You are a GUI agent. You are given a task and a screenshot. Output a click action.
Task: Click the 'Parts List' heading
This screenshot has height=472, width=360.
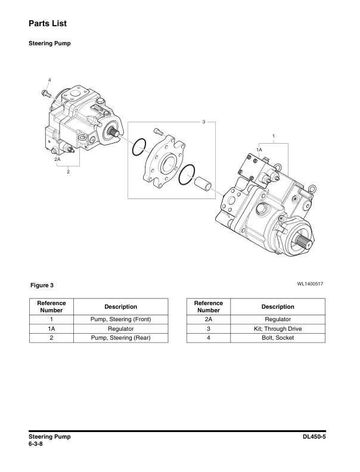(x=47, y=23)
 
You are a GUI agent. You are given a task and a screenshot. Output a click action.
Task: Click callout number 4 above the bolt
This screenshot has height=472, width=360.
(x=49, y=80)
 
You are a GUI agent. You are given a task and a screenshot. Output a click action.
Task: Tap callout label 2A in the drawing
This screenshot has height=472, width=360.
(x=57, y=160)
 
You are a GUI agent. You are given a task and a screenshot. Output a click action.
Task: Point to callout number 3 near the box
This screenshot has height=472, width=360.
(x=204, y=122)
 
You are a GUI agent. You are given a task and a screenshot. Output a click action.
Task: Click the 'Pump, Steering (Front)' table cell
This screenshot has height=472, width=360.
(x=120, y=319)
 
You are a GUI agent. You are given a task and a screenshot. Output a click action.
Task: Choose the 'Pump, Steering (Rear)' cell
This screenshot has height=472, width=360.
(x=120, y=338)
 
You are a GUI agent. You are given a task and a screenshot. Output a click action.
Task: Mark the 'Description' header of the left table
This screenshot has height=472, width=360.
(x=120, y=306)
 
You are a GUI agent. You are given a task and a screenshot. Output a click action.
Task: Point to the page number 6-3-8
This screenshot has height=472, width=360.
(x=37, y=444)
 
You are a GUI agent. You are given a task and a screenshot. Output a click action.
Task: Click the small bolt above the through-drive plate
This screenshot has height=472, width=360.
(x=157, y=132)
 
